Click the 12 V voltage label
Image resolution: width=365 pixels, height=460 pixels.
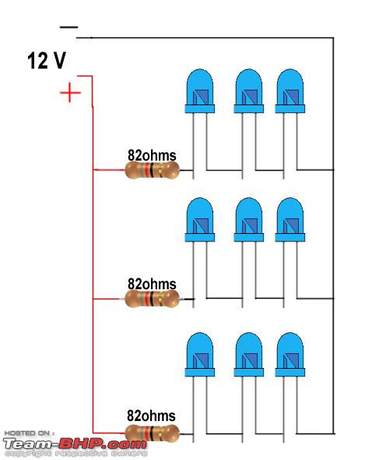coord(47,61)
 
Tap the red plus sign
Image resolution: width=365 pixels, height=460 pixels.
coord(70,93)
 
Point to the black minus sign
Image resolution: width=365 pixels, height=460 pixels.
coord(68,27)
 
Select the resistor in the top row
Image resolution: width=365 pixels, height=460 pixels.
coord(152,170)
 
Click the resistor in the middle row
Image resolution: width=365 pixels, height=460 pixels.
coord(152,299)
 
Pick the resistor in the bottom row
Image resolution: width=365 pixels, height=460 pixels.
coord(152,433)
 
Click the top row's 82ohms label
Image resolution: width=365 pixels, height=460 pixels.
coord(152,155)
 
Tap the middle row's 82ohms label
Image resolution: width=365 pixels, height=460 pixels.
coord(152,284)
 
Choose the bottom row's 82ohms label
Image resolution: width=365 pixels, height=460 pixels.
coord(151,416)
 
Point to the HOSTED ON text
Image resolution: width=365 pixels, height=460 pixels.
coord(29,433)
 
